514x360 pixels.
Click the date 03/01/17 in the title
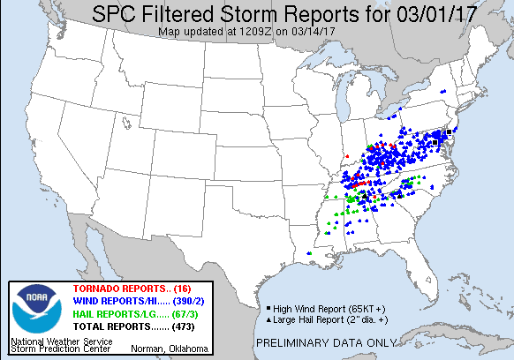(x=375, y=13)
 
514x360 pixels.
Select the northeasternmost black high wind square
(x=449, y=131)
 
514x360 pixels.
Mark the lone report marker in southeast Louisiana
(x=310, y=253)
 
